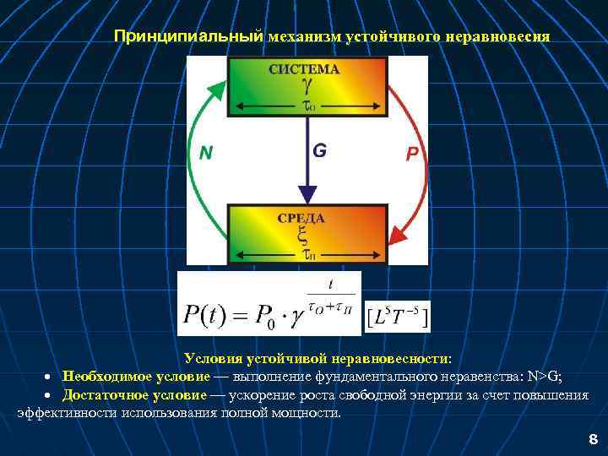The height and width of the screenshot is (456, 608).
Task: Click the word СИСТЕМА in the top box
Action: (304, 69)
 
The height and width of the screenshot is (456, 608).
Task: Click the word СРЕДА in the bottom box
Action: (301, 218)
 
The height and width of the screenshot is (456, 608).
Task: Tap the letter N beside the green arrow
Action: (205, 153)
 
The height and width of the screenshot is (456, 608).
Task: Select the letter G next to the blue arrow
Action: (320, 151)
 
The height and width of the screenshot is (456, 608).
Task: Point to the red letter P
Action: (412, 154)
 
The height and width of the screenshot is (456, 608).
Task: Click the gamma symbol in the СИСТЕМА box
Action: (307, 86)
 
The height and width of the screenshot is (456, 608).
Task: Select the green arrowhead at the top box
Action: (220, 87)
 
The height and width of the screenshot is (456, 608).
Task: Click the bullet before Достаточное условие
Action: (50, 396)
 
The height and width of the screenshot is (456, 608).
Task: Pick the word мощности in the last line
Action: (309, 412)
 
